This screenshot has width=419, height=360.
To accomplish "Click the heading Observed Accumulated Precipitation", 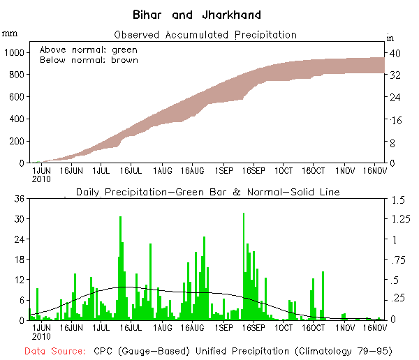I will (205, 35).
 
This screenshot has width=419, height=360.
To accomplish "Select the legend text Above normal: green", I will (89, 50).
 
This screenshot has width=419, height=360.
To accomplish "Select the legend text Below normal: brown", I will (89, 60).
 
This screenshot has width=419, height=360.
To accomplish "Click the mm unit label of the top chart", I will (10, 32).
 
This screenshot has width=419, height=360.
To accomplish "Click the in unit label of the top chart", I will (390, 38).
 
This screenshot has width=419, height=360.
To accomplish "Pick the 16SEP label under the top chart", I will (253, 170).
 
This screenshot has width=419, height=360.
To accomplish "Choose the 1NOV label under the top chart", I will (344, 170).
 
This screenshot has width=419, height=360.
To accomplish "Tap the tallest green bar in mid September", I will (244, 265).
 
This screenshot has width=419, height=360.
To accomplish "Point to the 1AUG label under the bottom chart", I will (163, 327).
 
